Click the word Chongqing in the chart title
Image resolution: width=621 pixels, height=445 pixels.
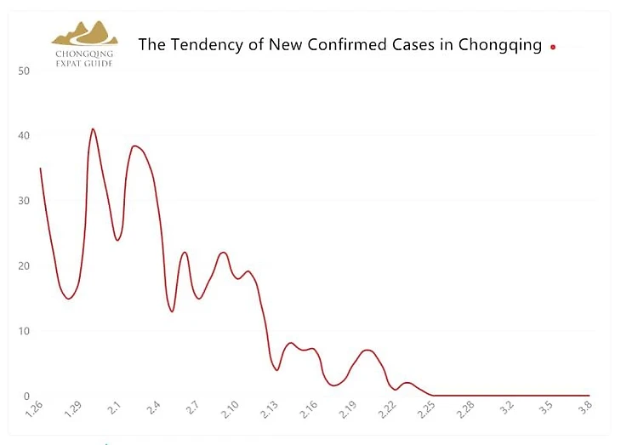point(499,45)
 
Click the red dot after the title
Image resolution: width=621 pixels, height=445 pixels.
point(553,47)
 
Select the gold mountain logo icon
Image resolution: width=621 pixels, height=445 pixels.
point(84,33)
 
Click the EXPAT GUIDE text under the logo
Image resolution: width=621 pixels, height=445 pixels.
point(84,63)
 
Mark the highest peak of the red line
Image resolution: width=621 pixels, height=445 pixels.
point(93,129)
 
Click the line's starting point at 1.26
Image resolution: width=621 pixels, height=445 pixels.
point(40,168)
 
